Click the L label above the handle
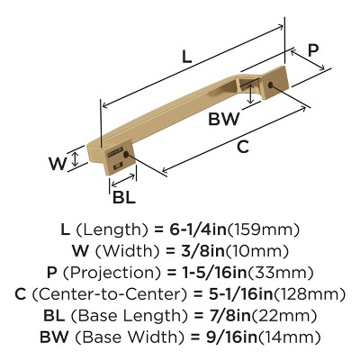pos(185,56)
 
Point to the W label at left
pos(56,165)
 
